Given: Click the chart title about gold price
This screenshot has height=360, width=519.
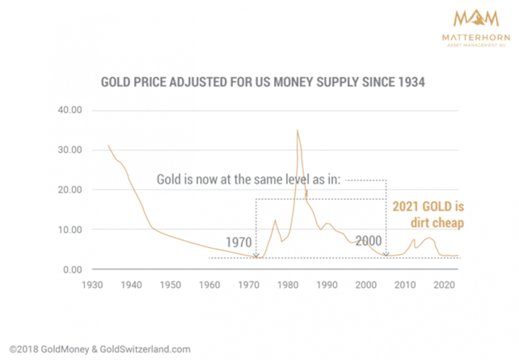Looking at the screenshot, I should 263,82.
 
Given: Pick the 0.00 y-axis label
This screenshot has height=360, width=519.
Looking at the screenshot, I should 70,270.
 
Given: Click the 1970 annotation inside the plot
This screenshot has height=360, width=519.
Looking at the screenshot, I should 238,242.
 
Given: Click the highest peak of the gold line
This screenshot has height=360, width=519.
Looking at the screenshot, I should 297,130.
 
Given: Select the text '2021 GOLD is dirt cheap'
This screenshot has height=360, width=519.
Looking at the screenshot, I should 428,214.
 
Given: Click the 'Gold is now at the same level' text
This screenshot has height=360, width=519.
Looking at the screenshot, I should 249,180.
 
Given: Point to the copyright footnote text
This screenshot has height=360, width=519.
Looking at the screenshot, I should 100,349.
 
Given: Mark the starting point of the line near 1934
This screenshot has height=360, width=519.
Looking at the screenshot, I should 108,145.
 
